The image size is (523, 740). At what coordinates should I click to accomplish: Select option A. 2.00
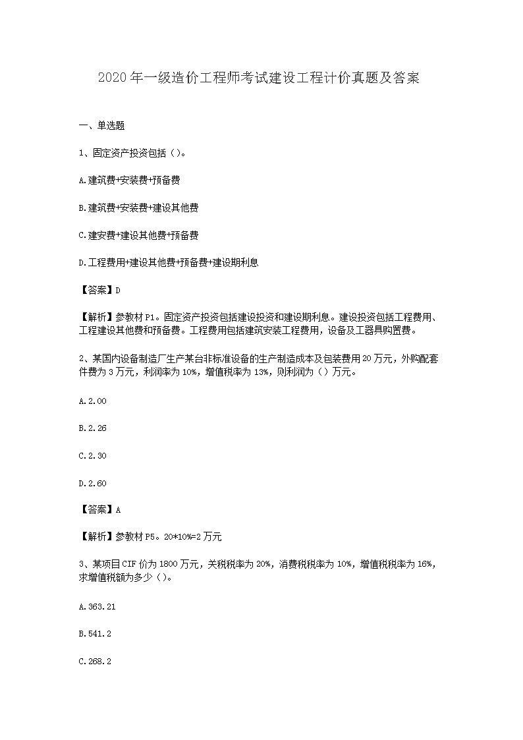pos(92,401)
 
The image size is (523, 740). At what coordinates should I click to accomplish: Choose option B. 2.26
pos(92,428)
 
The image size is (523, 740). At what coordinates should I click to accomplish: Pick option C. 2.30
pos(92,455)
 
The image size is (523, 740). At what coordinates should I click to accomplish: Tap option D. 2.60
pos(92,483)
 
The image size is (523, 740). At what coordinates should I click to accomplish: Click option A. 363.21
pos(97,606)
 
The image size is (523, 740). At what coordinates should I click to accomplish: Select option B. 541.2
pos(94,633)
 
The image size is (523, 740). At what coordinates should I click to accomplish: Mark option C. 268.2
pos(94,661)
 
